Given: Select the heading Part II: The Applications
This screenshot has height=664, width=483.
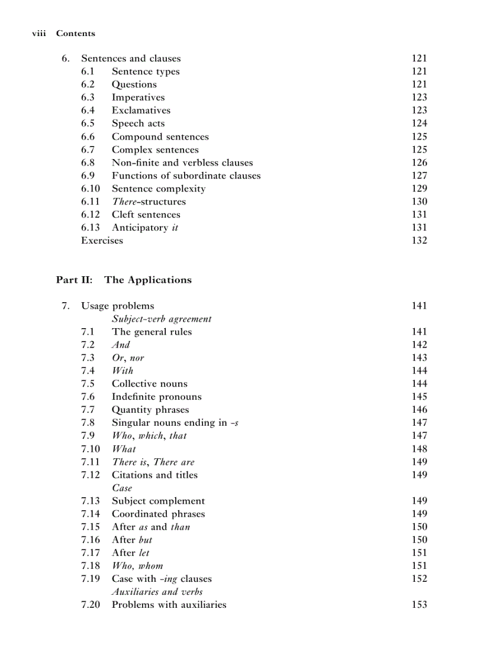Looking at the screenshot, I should [124, 280].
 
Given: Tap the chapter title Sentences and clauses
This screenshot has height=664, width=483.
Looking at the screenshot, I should [131, 59].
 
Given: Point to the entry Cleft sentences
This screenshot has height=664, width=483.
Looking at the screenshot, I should [146, 215].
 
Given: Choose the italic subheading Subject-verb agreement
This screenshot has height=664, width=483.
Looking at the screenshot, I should [162, 319].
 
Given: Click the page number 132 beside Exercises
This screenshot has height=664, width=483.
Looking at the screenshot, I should [419, 240].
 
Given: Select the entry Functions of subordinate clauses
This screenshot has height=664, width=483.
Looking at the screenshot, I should [186, 176].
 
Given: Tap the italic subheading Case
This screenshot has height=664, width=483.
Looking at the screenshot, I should [122, 488].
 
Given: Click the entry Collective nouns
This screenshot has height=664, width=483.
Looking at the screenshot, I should [149, 384].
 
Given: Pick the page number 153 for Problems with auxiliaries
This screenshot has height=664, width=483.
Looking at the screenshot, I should [419, 604].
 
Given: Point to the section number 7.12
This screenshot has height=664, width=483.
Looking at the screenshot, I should [91, 475].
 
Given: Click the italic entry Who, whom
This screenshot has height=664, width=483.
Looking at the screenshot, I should [137, 566].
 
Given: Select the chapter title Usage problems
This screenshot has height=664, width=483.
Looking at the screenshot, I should [117, 306].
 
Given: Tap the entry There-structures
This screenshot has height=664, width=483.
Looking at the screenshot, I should [149, 202].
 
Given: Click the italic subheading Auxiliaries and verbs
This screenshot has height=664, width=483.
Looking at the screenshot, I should [157, 591].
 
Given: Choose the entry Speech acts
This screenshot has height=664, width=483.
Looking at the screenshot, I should [138, 124].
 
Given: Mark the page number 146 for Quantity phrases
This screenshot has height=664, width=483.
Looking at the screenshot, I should [419, 410].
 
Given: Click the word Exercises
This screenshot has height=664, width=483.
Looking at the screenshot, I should [102, 240].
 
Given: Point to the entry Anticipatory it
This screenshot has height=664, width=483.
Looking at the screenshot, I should [145, 228].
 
